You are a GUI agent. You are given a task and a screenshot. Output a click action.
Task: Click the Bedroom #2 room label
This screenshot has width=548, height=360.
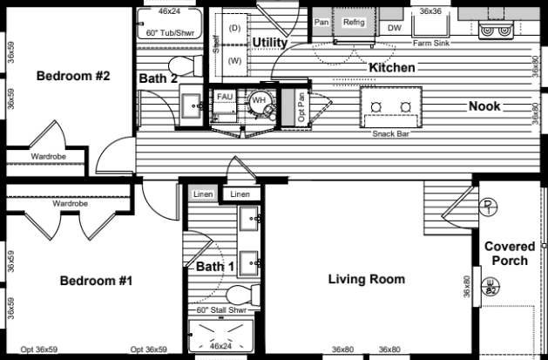[x=72, y=76]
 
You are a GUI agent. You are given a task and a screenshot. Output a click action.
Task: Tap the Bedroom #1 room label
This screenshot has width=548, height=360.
[x=96, y=281]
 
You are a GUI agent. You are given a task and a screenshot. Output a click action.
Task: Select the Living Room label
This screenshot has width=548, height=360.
[x=366, y=280]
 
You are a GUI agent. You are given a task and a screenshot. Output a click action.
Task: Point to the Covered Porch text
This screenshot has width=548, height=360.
[x=510, y=254]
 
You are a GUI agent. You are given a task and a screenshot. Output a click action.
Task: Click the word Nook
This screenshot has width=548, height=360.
[x=485, y=106]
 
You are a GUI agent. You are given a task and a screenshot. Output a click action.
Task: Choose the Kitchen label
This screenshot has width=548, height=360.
[x=391, y=67]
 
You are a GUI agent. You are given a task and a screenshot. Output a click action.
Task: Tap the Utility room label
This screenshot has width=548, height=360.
[x=271, y=42]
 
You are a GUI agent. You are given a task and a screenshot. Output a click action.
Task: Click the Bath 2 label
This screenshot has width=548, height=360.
[x=159, y=78]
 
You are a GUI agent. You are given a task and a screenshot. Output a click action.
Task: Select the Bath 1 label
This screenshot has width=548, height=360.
[x=214, y=266]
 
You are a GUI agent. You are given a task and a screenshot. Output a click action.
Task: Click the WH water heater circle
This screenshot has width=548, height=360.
[x=259, y=100]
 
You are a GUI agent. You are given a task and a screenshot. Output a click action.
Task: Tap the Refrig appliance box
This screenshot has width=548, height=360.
[x=354, y=23]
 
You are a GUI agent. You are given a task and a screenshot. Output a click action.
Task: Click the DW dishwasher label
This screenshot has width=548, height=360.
[x=394, y=28]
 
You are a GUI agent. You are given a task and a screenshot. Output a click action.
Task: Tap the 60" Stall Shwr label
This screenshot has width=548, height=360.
[x=220, y=310]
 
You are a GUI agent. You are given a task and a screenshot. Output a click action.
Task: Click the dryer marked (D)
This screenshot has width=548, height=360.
[x=233, y=29]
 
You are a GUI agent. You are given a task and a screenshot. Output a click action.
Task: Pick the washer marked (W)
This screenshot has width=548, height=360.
[x=233, y=61]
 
